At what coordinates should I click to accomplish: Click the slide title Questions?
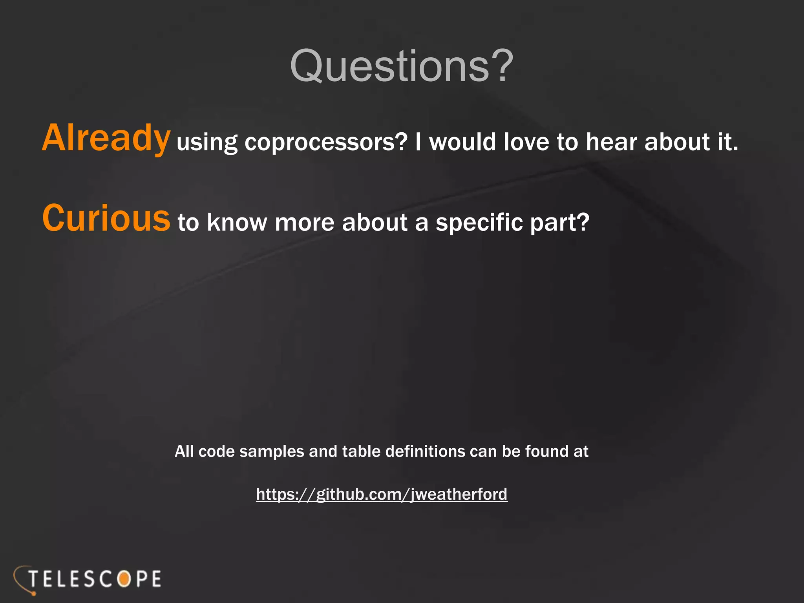click(x=402, y=66)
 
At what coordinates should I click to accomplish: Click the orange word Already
click(x=106, y=138)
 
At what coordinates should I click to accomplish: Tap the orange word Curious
click(x=106, y=218)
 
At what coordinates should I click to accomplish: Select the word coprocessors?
click(x=326, y=142)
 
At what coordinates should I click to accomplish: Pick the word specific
click(x=479, y=223)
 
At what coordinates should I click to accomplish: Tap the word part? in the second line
click(x=560, y=223)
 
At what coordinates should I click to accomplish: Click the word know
click(x=237, y=223)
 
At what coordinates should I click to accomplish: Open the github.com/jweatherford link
click(x=382, y=494)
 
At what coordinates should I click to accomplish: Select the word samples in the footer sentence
click(x=272, y=452)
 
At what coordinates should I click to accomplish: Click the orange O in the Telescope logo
click(x=124, y=579)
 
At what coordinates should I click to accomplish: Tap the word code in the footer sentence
click(x=216, y=451)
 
